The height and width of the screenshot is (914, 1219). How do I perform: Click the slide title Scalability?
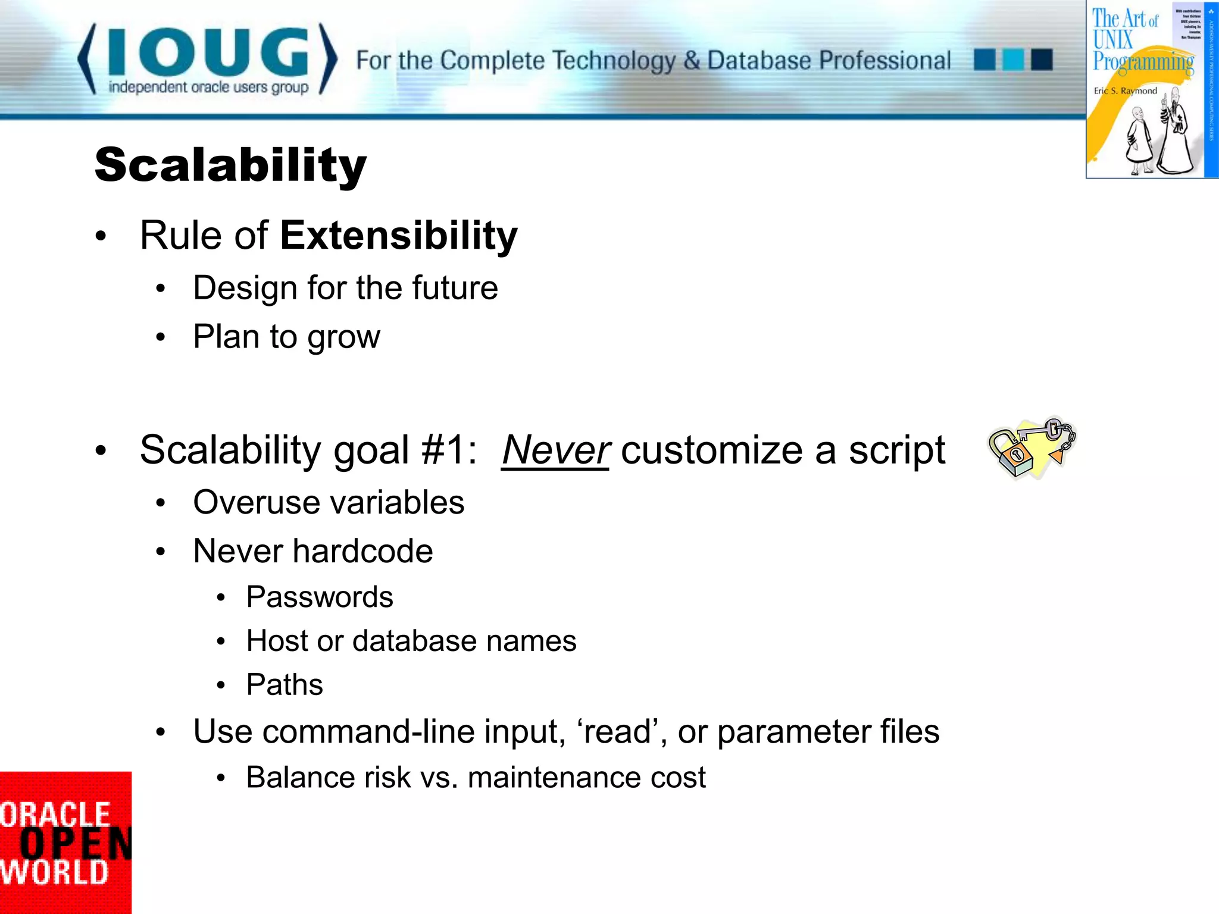(230, 165)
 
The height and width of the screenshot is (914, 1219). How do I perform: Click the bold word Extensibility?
(399, 236)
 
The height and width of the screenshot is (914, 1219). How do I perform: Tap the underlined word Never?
(556, 450)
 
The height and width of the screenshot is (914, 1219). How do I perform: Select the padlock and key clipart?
(1032, 447)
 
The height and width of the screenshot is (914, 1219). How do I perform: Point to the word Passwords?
(320, 597)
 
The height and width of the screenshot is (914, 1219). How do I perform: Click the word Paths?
(285, 684)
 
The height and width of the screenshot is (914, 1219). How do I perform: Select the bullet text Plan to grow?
(286, 337)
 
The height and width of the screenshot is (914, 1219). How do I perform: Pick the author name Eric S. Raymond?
(1125, 91)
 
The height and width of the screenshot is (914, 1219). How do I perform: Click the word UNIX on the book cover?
(1112, 40)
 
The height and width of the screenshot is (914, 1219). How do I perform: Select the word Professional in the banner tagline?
(884, 61)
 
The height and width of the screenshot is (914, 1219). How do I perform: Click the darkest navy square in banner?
(1042, 60)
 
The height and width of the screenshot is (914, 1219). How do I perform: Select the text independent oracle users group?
(208, 87)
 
